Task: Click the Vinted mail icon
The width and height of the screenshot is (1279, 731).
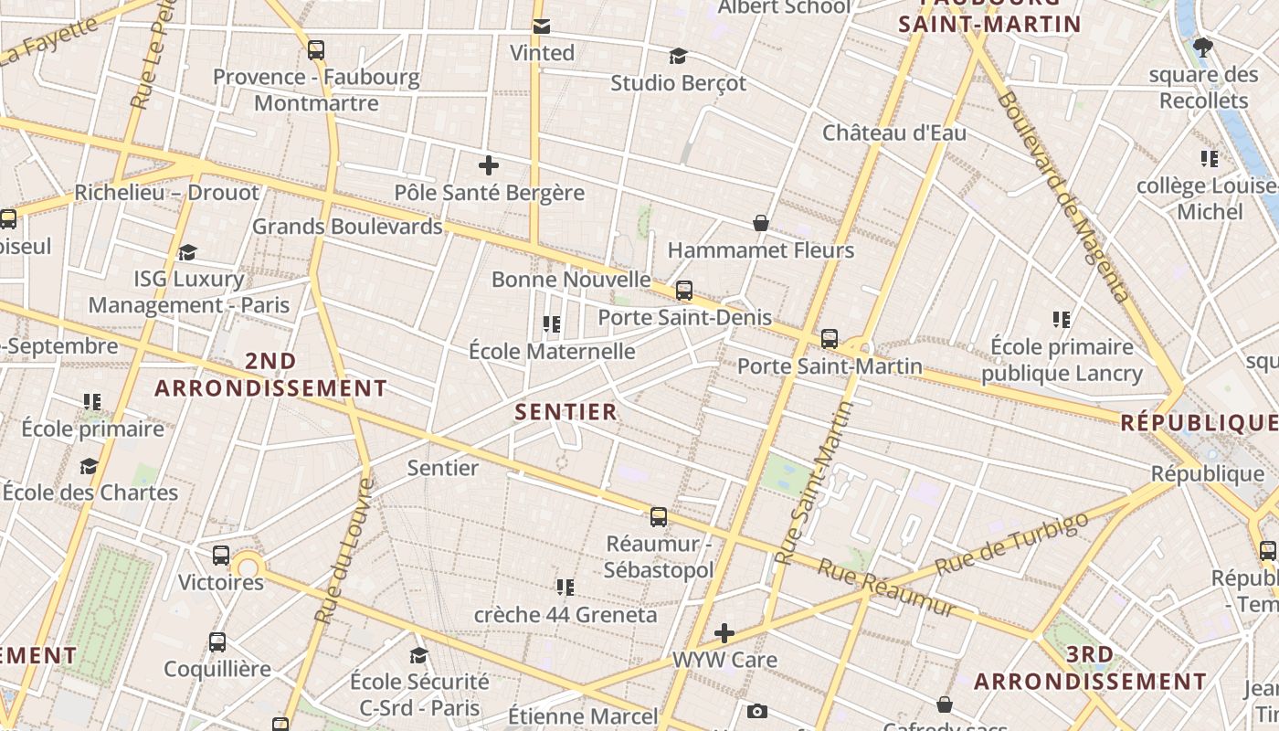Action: [542, 26]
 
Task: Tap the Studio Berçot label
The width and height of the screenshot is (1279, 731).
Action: [678, 83]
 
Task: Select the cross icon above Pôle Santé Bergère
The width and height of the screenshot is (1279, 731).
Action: [489, 165]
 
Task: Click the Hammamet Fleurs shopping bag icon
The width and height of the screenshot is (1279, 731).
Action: [760, 222]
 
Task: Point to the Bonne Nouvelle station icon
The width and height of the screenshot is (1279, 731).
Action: [684, 291]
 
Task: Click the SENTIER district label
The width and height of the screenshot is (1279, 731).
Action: [566, 412]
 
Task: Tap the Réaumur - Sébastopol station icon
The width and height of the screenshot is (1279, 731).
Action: [659, 517]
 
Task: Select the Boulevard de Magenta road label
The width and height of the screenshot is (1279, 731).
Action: [1065, 196]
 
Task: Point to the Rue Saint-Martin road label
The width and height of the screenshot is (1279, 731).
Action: [813, 484]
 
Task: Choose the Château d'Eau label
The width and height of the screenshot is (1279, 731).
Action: [894, 132]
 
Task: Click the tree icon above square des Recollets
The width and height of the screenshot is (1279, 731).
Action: [1203, 47]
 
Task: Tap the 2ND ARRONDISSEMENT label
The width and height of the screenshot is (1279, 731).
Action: [270, 375]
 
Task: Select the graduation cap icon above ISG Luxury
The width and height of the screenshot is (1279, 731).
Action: [188, 252]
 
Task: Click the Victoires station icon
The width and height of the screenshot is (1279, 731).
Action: [221, 555]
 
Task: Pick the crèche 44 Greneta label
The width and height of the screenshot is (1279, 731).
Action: [566, 615]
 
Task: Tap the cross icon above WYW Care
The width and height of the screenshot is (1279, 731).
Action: [724, 632]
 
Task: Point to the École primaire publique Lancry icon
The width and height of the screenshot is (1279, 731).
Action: [1062, 320]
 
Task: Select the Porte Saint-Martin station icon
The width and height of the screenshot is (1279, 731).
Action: [830, 339]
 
